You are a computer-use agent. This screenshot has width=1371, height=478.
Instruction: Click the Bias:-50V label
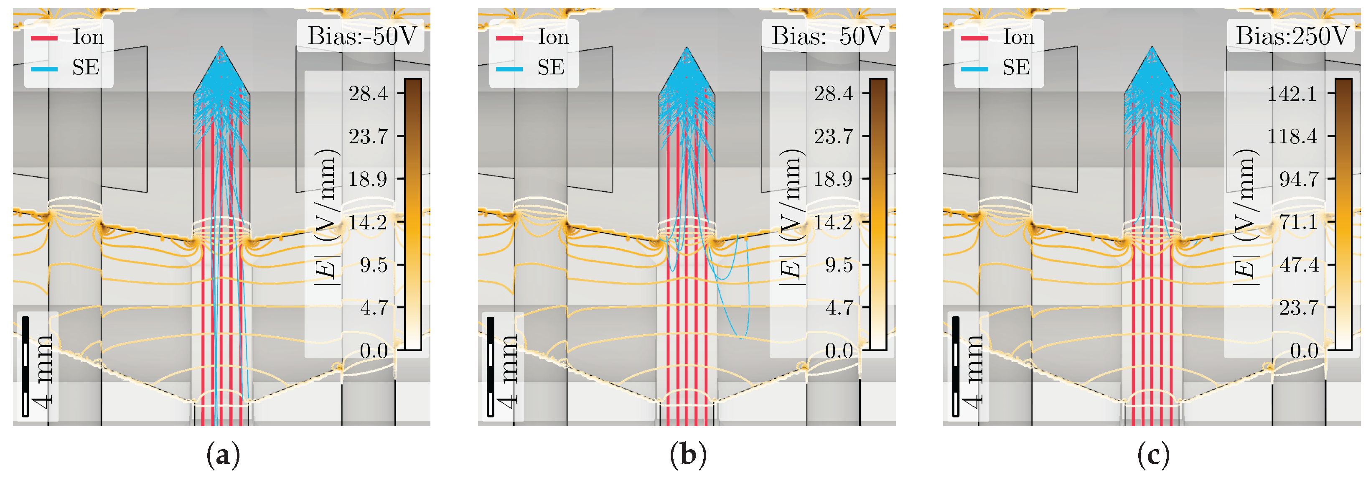pos(361,36)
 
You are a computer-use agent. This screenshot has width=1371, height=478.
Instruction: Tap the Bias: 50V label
pos(827,36)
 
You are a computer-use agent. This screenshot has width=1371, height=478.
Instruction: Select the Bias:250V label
pos(1292,36)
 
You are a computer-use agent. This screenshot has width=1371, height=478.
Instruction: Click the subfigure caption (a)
pos(222,455)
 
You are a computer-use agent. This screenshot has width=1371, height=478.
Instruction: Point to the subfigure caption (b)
pos(688,455)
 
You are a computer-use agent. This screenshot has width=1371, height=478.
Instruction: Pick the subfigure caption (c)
pos(1153,455)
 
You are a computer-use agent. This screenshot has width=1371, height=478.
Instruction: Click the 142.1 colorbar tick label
pos(1292,94)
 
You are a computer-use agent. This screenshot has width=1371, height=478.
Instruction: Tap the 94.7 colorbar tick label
pos(1299,179)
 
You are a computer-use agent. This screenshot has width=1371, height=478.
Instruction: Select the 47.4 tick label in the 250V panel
pos(1299,264)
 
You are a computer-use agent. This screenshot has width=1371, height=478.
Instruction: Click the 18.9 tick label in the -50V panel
pos(368,179)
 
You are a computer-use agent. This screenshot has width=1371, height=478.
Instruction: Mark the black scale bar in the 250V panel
pos(956,366)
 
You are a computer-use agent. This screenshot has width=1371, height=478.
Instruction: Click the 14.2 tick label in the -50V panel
pos(368,222)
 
